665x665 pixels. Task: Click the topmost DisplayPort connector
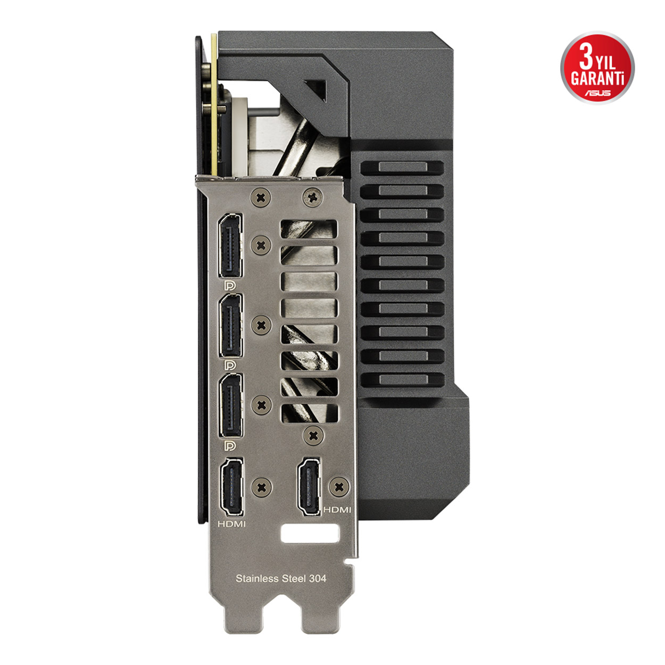[x=230, y=245]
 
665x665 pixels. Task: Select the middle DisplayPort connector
[x=230, y=326]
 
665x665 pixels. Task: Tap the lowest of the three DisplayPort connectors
[x=230, y=405]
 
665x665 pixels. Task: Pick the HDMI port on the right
[x=309, y=487]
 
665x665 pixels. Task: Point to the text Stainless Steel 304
[x=280, y=579]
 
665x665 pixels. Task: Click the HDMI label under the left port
[x=231, y=524]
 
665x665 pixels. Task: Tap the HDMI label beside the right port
[x=337, y=510]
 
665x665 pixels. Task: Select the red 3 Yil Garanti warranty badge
[x=597, y=68]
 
